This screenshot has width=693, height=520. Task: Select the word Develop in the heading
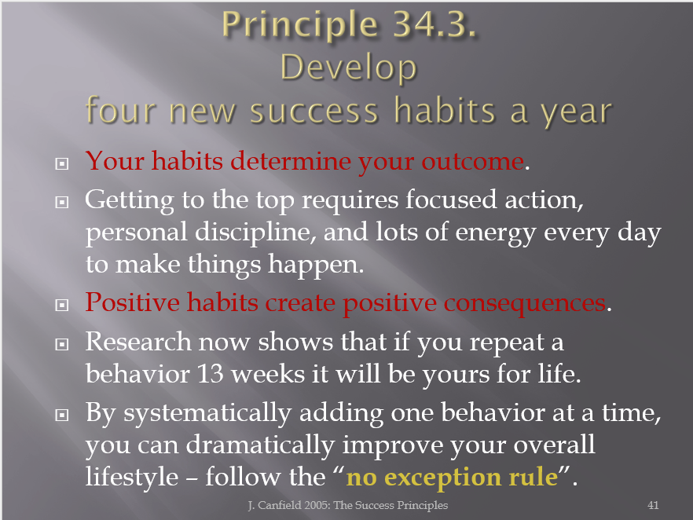pyautogui.click(x=349, y=69)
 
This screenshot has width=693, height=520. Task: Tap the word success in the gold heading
pyautogui.click(x=314, y=111)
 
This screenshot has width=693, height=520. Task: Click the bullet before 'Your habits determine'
pyautogui.click(x=62, y=163)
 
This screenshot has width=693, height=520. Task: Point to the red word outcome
pyautogui.click(x=472, y=161)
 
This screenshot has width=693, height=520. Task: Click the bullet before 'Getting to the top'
pyautogui.click(x=62, y=203)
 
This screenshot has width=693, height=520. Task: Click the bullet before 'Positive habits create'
pyautogui.click(x=62, y=305)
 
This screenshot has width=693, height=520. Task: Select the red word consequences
pyautogui.click(x=525, y=304)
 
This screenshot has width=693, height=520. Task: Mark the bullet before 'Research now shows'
pyautogui.click(x=62, y=344)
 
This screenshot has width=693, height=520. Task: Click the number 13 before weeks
pyautogui.click(x=210, y=374)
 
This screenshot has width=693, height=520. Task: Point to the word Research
pyautogui.click(x=138, y=342)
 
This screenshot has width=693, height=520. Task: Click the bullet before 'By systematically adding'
pyautogui.click(x=62, y=415)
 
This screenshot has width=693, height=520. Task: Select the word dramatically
pyautogui.click(x=260, y=445)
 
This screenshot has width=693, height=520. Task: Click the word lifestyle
pyautogui.click(x=132, y=477)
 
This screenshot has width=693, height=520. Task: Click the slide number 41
pyautogui.click(x=653, y=505)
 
